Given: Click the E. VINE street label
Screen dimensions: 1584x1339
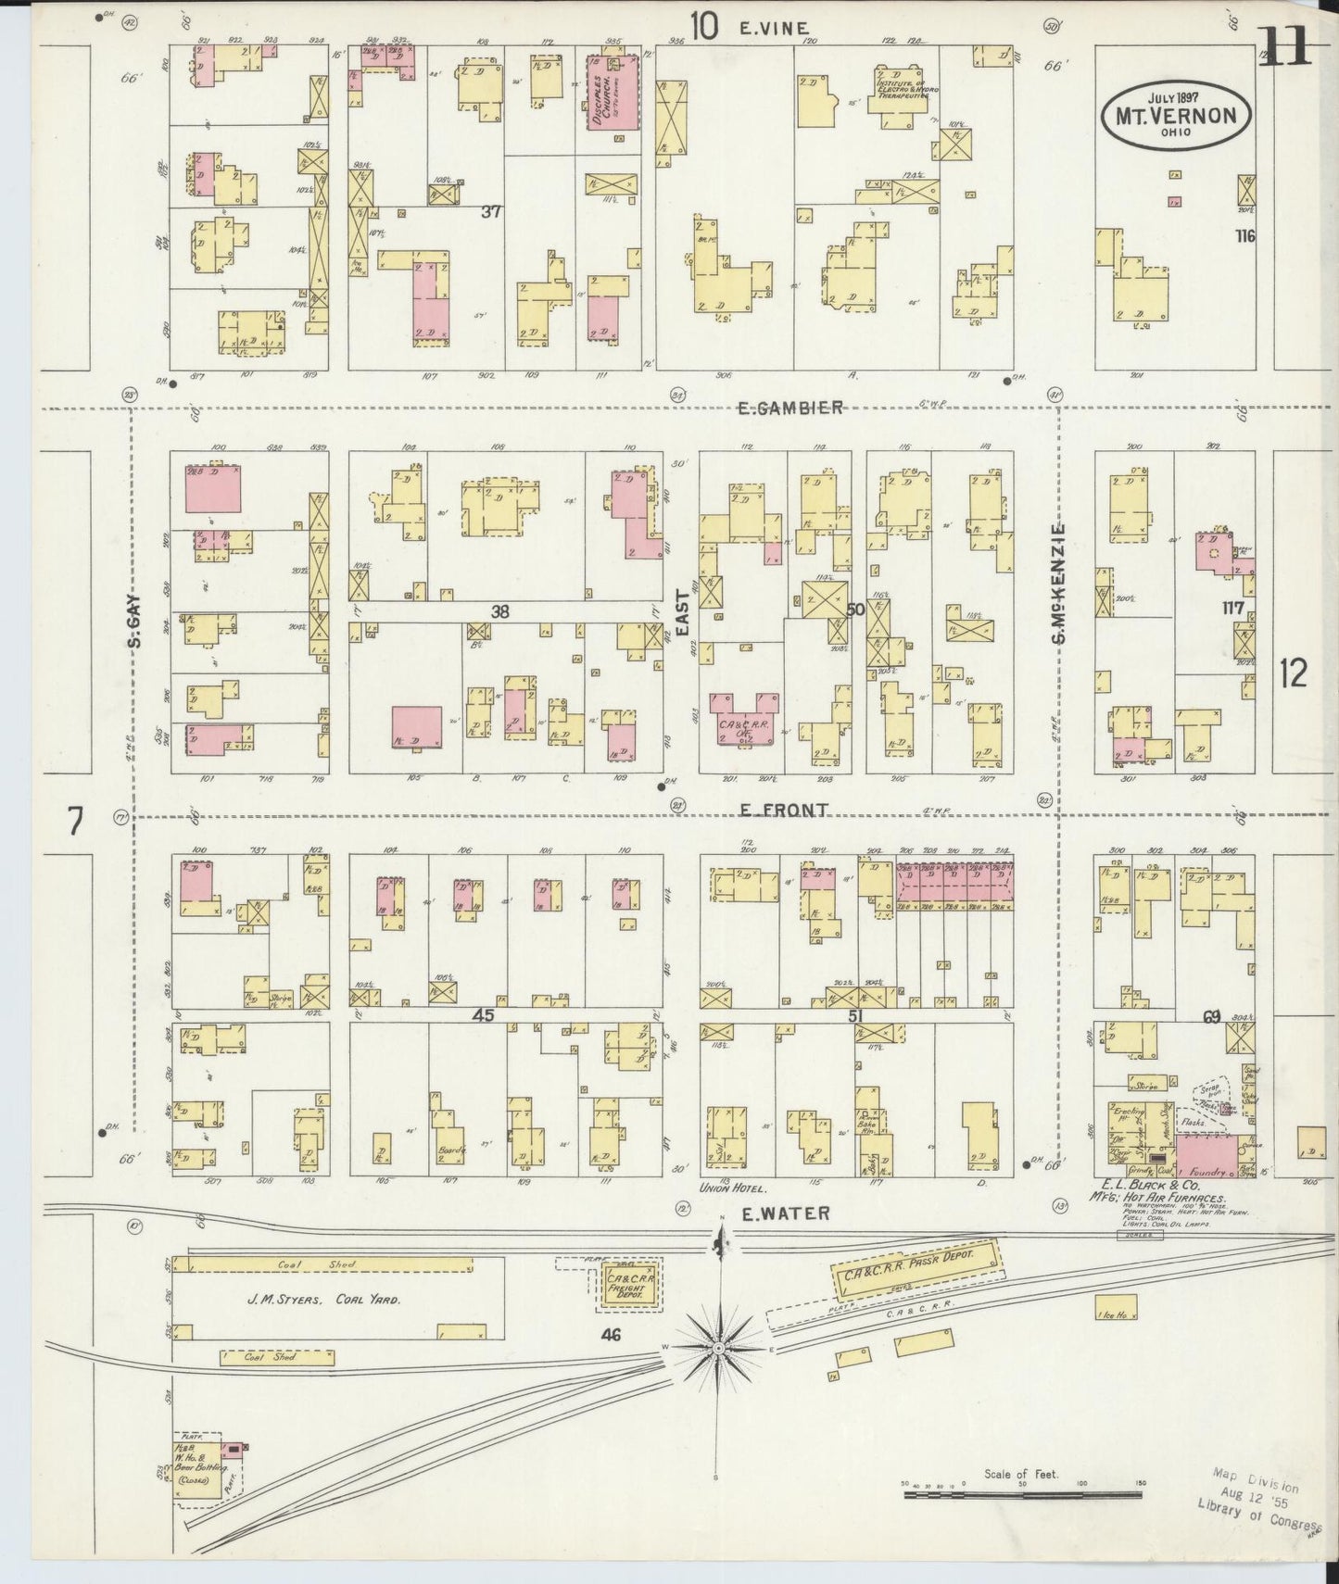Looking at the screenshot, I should pyautogui.click(x=774, y=29).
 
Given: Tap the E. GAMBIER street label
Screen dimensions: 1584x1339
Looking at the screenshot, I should pyautogui.click(x=790, y=408).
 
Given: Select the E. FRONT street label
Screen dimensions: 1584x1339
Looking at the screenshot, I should pyautogui.click(x=784, y=811).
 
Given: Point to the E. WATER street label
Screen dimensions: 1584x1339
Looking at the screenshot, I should pyautogui.click(x=785, y=1213).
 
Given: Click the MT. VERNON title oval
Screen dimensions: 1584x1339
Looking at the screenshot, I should pyautogui.click(x=1174, y=115).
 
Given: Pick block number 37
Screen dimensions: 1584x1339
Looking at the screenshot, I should pyautogui.click(x=491, y=212).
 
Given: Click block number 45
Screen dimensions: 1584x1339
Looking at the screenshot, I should pyautogui.click(x=483, y=1016).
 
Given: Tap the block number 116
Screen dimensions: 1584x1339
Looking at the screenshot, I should pyautogui.click(x=1244, y=236).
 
